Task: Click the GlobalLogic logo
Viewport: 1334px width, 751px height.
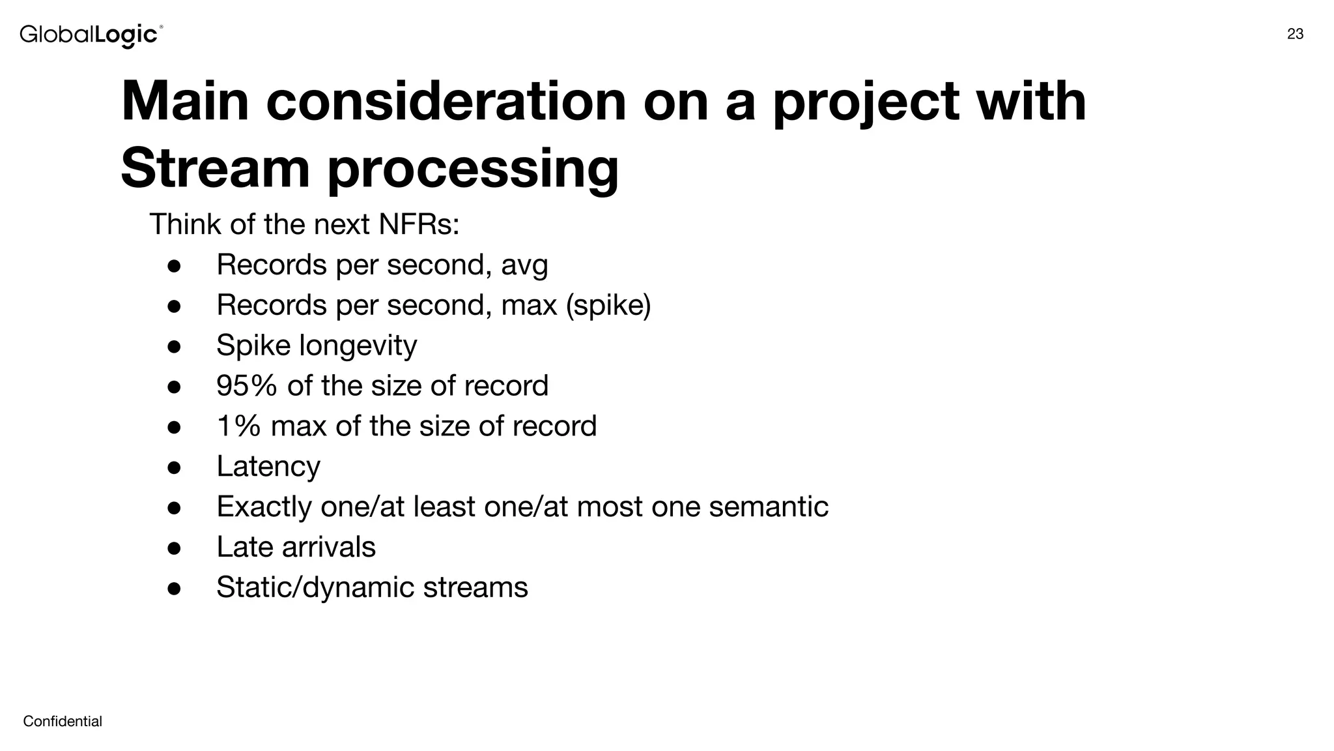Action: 91,35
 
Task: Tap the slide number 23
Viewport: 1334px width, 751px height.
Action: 1295,35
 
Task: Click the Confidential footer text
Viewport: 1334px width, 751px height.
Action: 63,721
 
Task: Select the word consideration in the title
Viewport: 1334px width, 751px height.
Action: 446,102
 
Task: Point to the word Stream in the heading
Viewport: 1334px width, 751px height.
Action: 215,168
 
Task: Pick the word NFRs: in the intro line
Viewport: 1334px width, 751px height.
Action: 419,224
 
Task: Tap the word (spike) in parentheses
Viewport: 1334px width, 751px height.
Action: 608,305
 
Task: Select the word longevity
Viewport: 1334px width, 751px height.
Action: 358,346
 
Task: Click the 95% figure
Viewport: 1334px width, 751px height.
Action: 246,385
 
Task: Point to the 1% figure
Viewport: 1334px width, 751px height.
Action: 238,426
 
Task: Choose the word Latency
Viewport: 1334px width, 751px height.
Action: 268,467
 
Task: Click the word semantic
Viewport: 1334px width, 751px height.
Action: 769,507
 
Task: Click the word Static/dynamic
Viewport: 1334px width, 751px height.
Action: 315,587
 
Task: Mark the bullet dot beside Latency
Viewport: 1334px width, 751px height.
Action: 174,467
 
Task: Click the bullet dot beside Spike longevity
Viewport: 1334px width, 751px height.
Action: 174,346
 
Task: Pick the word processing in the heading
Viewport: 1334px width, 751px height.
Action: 472,169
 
